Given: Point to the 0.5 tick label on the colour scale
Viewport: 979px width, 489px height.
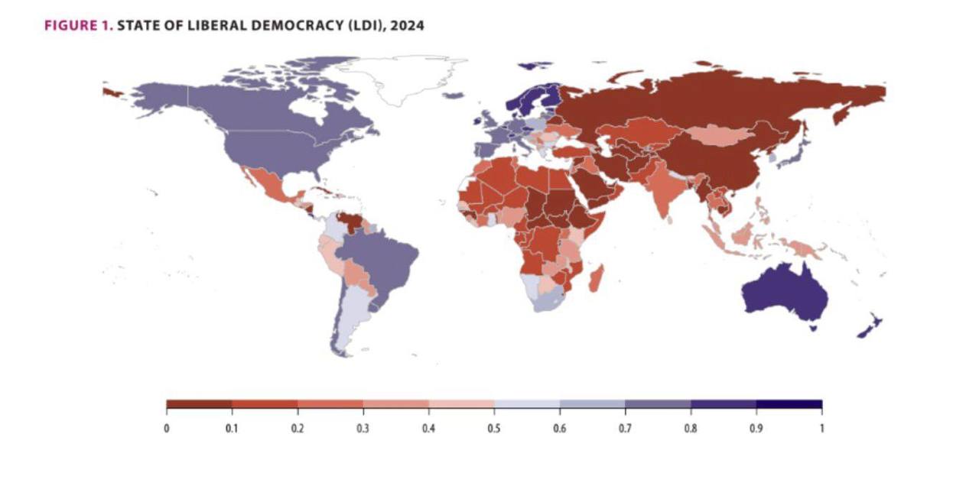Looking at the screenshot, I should (x=494, y=428).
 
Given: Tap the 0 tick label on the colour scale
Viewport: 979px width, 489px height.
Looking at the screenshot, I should (x=166, y=428).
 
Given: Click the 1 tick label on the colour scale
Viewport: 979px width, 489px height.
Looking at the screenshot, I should (x=821, y=428).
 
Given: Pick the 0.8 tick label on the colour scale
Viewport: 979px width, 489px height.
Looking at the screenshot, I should (x=691, y=428).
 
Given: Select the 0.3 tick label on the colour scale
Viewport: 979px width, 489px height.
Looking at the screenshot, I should (x=363, y=428).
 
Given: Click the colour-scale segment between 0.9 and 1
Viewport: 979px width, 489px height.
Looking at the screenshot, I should (x=789, y=404).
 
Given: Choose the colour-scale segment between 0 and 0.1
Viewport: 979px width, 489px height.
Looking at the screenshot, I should (x=199, y=404).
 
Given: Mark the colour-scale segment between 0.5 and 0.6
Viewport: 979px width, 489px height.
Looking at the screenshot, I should (x=527, y=404).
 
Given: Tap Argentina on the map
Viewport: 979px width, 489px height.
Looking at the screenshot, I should (x=349, y=321).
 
